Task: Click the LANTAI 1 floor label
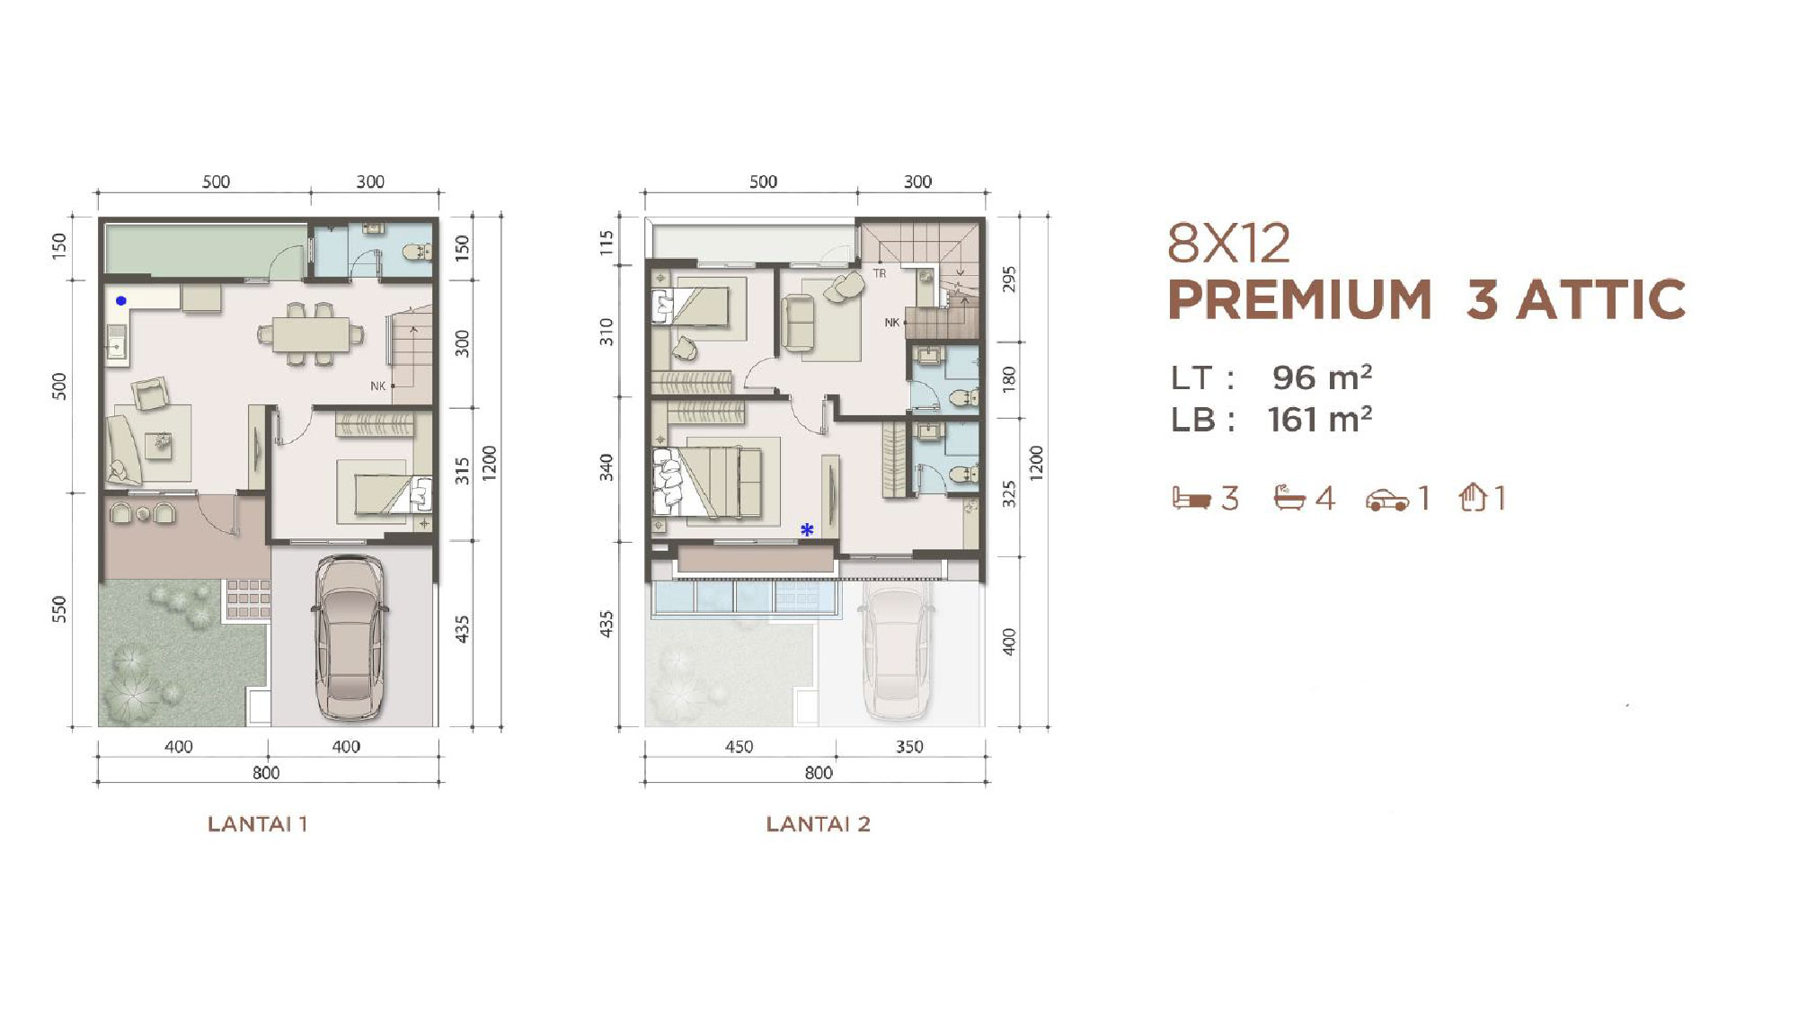click(258, 824)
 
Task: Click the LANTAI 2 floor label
click(819, 824)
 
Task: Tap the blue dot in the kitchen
click(121, 301)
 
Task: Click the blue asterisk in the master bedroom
click(807, 530)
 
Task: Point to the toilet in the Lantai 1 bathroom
click(418, 253)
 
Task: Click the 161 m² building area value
click(1320, 420)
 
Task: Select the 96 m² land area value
click(1322, 377)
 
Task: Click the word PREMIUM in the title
click(1299, 299)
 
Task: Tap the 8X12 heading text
click(1228, 243)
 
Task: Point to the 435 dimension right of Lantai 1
click(462, 628)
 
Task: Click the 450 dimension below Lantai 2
click(739, 747)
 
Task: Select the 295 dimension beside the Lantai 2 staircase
click(1009, 280)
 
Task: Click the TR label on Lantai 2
click(880, 273)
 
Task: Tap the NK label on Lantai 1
click(378, 386)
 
